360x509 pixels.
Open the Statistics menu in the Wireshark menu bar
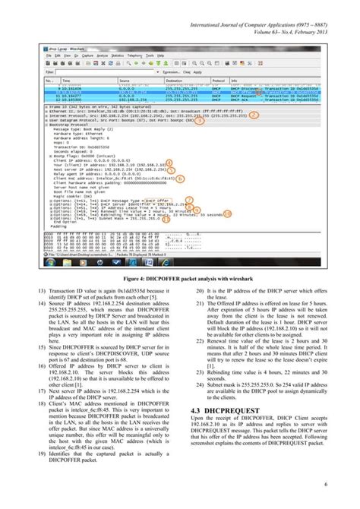tap(116, 55)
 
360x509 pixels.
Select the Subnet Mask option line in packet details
tap(113, 219)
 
